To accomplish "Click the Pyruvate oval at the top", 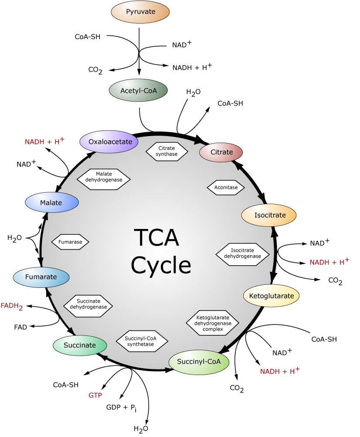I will click(140, 12).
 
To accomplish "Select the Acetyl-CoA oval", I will click(139, 91).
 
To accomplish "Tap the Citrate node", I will click(221, 152).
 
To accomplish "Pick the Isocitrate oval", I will click(269, 215).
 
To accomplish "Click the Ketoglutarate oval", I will click(272, 296).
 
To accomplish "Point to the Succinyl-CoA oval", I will click(199, 362).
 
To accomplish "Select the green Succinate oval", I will click(80, 345).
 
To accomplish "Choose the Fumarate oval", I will click(41, 277).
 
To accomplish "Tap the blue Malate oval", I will click(51, 203).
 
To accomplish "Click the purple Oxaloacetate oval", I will click(109, 142).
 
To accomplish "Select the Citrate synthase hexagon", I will click(166, 151).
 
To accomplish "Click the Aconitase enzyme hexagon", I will click(226, 187).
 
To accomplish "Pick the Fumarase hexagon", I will click(70, 241).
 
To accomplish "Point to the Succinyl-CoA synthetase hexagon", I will click(142, 341).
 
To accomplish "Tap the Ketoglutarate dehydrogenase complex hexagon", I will click(213, 323).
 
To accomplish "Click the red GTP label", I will click(95, 396).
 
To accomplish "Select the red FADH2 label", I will click(12, 306).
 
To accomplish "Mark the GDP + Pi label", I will click(121, 408).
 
